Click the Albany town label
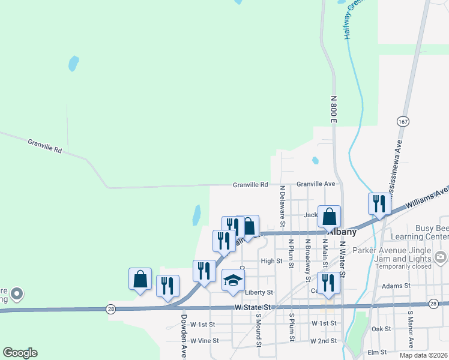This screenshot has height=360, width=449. (x=340, y=232)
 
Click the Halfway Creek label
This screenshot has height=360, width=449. (x=354, y=20)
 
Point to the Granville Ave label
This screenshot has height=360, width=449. (x=315, y=184)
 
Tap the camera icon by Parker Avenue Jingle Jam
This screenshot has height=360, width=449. (x=442, y=257)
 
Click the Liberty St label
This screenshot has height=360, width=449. (x=259, y=292)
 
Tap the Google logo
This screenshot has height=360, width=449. (x=20, y=353)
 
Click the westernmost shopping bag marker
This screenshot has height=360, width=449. (x=140, y=279)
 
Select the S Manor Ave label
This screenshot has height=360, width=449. (x=411, y=329)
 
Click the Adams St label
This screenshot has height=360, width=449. (x=399, y=286)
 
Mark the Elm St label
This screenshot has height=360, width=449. (x=378, y=352)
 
